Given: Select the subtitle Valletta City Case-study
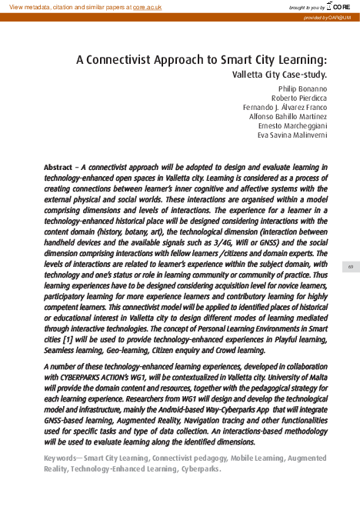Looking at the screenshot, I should tap(279, 75).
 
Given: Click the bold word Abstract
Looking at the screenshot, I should tap(58, 167).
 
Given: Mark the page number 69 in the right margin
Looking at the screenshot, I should tap(349, 267).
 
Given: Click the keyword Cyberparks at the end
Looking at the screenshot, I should tap(198, 468).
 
